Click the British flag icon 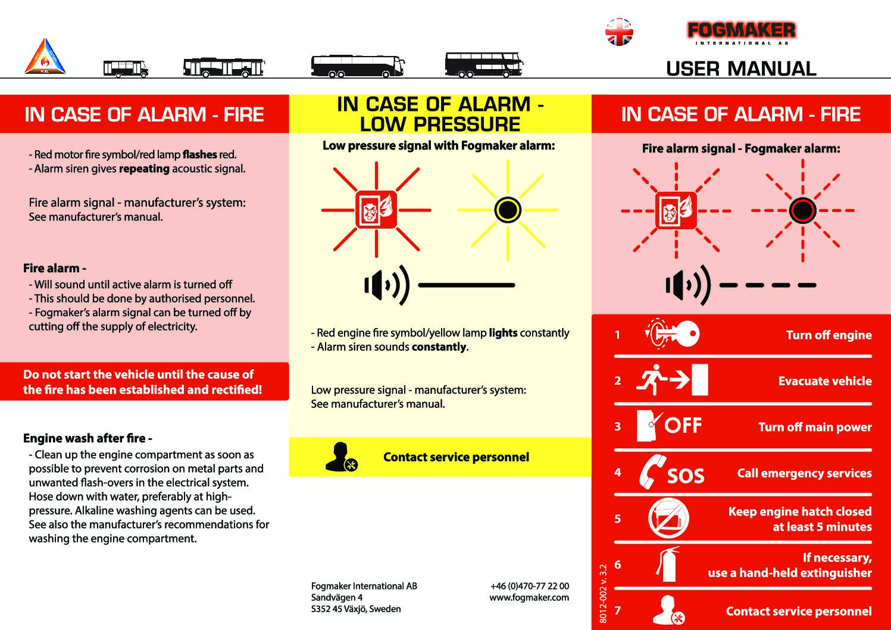tap(619, 32)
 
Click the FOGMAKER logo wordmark tap(741, 30)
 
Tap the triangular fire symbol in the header tap(45, 57)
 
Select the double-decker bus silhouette tap(483, 64)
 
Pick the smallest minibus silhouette tap(125, 68)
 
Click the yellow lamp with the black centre tap(508, 210)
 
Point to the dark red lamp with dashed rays tap(802, 210)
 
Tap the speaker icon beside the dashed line tap(688, 285)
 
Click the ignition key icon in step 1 tap(673, 334)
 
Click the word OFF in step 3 tap(683, 426)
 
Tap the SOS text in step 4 tap(686, 476)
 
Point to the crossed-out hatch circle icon tap(668, 518)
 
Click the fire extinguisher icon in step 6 tap(668, 564)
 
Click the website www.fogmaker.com tap(529, 597)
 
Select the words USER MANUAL tap(741, 68)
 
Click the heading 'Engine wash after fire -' tap(87, 438)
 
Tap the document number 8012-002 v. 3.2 tap(603, 594)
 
